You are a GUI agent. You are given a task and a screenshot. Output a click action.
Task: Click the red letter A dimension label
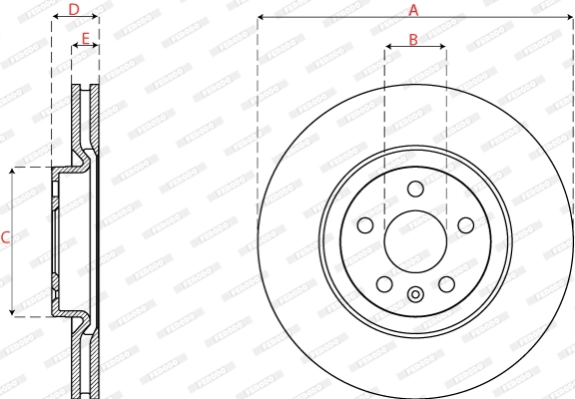click(413, 9)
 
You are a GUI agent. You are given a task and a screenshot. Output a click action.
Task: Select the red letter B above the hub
click(413, 40)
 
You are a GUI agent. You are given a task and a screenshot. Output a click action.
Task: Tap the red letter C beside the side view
click(5, 237)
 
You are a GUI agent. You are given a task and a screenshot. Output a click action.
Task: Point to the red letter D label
click(74, 9)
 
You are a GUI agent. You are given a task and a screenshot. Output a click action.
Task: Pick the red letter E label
click(85, 39)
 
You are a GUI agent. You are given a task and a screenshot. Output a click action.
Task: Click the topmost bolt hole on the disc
click(415, 190)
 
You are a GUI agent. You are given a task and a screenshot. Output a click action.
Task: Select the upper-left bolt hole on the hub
click(366, 225)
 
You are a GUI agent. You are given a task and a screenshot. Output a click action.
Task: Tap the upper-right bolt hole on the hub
click(465, 225)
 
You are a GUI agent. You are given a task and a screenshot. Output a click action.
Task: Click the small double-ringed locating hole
click(415, 293)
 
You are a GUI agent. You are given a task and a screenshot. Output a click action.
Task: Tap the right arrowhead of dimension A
click(571, 18)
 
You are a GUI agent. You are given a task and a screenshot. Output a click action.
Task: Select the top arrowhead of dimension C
click(13, 171)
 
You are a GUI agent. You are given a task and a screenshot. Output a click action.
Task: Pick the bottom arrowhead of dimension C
click(13, 313)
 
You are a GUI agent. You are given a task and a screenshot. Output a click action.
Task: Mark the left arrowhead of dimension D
click(54, 18)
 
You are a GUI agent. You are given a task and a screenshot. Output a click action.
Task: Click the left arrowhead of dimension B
click(388, 48)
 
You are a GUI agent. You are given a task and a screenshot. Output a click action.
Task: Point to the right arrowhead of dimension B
click(443, 48)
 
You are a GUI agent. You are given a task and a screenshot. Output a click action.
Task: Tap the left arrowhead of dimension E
click(74, 48)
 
